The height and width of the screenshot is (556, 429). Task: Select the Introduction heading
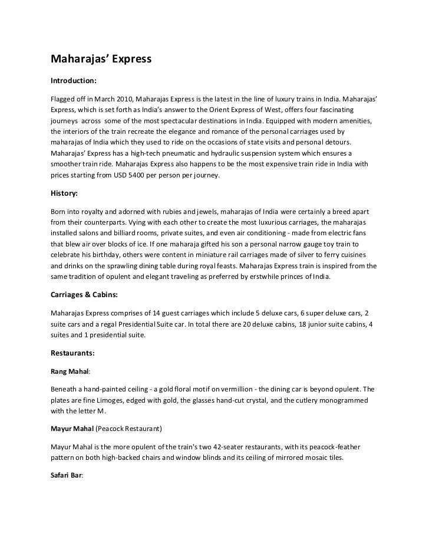[74, 79]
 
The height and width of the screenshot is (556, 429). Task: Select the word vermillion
[258, 390]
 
